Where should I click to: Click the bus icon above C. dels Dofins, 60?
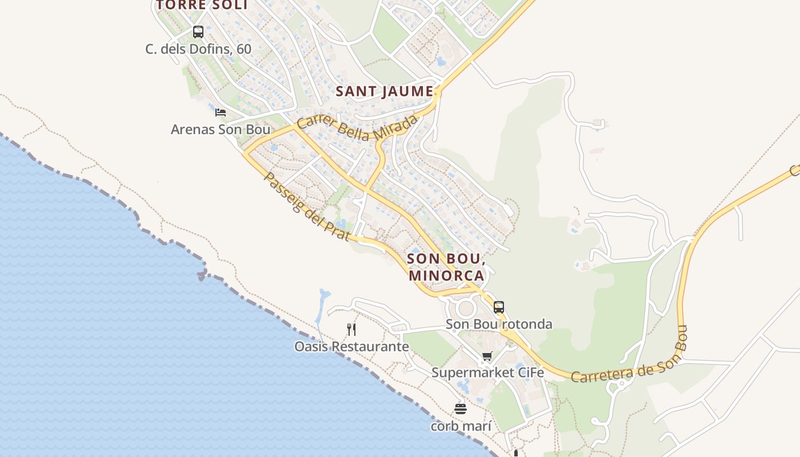(198, 32)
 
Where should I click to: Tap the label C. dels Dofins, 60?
(198, 49)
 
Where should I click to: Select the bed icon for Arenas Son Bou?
(221, 112)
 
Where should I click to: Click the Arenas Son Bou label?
(221, 130)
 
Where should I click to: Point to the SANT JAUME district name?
(385, 91)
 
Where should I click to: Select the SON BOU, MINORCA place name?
(446, 267)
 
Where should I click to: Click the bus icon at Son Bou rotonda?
(499, 307)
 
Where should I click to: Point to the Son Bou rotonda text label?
(499, 324)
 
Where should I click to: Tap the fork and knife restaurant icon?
(351, 329)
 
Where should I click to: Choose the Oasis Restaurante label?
(351, 347)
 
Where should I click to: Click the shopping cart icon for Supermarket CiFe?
(487, 356)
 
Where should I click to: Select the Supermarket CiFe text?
(487, 373)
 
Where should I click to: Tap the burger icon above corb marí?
(461, 409)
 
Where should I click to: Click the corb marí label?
(461, 426)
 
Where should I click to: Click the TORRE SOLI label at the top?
(202, 5)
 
